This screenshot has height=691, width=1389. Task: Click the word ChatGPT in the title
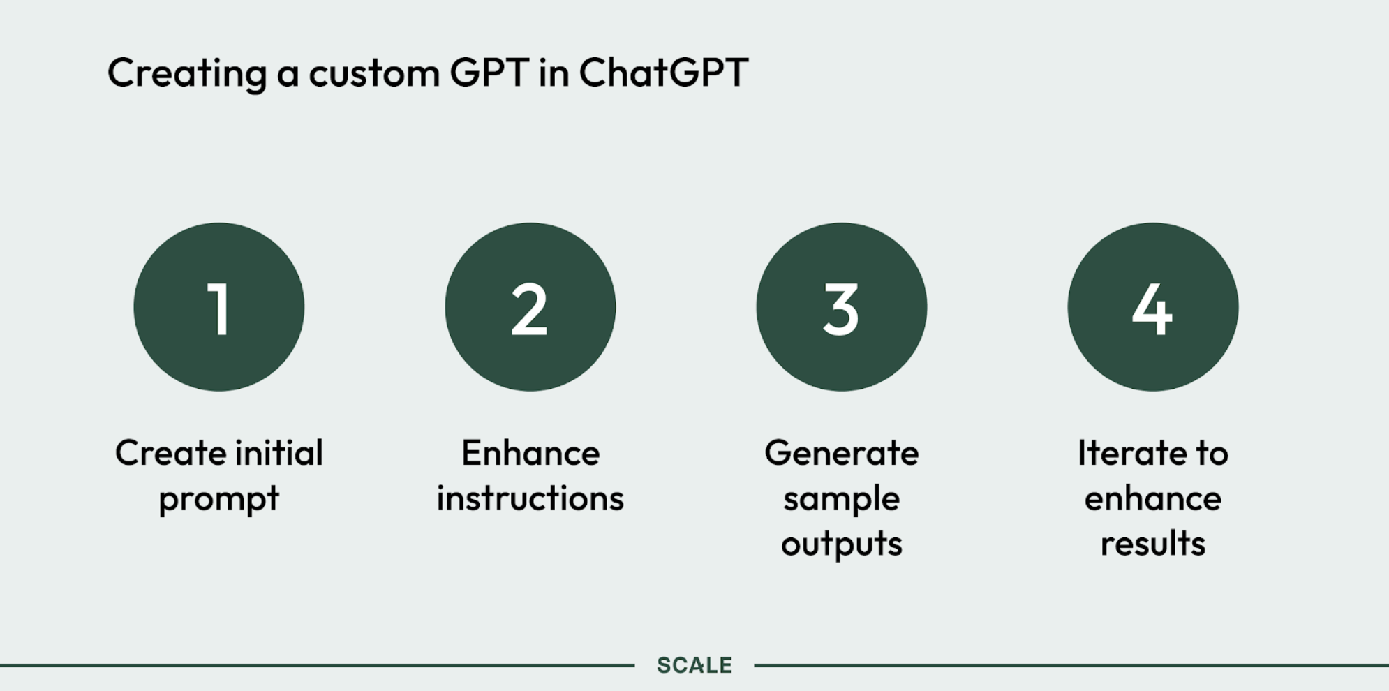point(663,72)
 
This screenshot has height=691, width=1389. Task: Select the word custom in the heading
point(374,73)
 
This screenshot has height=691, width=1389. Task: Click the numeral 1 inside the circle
point(219,309)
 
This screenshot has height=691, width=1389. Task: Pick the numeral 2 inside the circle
point(530,309)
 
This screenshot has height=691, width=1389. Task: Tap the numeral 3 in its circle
point(841,309)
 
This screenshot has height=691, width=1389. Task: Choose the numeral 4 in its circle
point(1152,309)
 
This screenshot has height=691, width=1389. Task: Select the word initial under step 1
point(279,453)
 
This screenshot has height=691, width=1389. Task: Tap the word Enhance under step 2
point(530,453)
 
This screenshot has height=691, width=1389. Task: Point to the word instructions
point(530,498)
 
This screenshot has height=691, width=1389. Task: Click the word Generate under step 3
point(842,453)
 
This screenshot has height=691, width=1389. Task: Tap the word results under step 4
point(1153,543)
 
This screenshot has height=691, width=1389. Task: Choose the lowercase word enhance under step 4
point(1153,498)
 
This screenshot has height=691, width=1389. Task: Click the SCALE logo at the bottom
point(694,665)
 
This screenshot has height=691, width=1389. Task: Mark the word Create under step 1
point(171,453)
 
